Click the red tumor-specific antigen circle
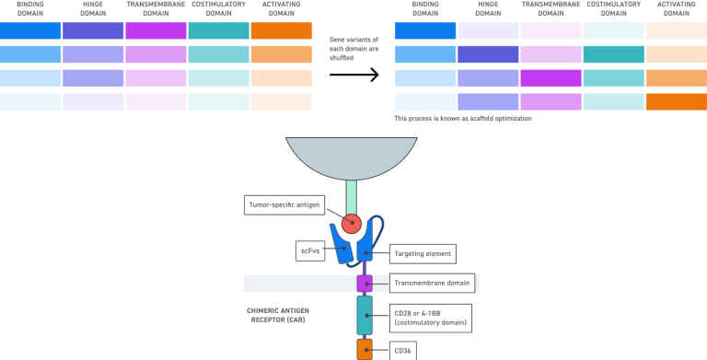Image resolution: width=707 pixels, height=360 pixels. click(351, 224)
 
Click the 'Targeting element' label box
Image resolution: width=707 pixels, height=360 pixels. click(423, 250)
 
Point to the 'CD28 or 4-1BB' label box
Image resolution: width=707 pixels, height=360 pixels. click(430, 318)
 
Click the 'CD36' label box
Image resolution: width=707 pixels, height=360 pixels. click(405, 350)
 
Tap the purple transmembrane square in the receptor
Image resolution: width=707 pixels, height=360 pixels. click(365, 283)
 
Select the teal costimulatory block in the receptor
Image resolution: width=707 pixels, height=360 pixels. click(365, 315)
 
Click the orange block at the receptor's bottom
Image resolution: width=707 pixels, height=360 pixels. click(365, 350)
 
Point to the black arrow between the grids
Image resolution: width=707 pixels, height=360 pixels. click(353, 75)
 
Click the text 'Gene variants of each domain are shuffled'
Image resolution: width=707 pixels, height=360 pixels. click(353, 46)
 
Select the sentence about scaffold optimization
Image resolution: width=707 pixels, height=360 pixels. click(462, 118)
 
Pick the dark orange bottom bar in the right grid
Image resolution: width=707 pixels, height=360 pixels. click(676, 101)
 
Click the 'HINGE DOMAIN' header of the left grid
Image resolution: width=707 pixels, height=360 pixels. click(92, 9)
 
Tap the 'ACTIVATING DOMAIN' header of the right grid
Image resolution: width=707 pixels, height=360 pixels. click(676, 9)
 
